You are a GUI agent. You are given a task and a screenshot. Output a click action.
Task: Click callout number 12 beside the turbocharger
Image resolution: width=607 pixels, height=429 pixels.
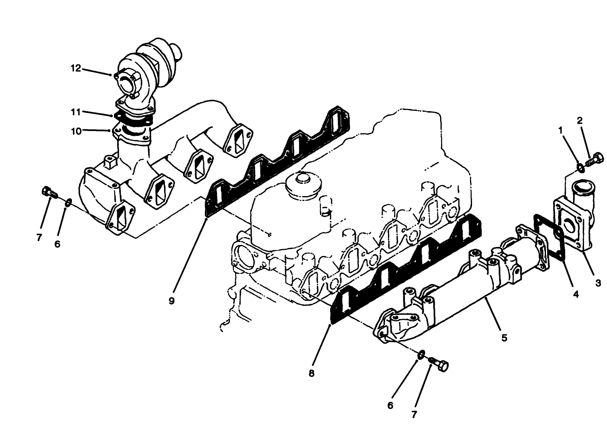coord(76,68)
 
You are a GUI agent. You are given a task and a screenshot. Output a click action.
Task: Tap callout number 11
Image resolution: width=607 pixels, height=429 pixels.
coord(76,112)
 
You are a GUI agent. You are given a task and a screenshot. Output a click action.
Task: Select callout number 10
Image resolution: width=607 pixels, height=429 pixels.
coord(76,131)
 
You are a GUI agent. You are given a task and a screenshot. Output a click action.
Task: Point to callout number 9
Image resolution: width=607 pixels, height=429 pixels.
coord(172,301)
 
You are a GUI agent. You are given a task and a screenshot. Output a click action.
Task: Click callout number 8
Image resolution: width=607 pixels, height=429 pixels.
coord(311,374)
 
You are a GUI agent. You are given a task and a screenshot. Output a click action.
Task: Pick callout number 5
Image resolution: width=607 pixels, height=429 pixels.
coord(504,338)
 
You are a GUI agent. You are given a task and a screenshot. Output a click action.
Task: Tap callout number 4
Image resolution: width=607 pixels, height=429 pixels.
coord(575,294)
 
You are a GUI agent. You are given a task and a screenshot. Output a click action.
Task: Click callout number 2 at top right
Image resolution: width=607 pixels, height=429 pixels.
coord(580,120)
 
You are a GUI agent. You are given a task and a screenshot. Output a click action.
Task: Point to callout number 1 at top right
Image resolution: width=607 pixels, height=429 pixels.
coord(561,130)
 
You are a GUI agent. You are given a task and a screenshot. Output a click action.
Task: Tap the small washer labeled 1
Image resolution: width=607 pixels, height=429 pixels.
coord(580,166)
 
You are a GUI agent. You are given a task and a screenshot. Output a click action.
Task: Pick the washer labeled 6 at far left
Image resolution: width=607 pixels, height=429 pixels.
coord(69,201)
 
